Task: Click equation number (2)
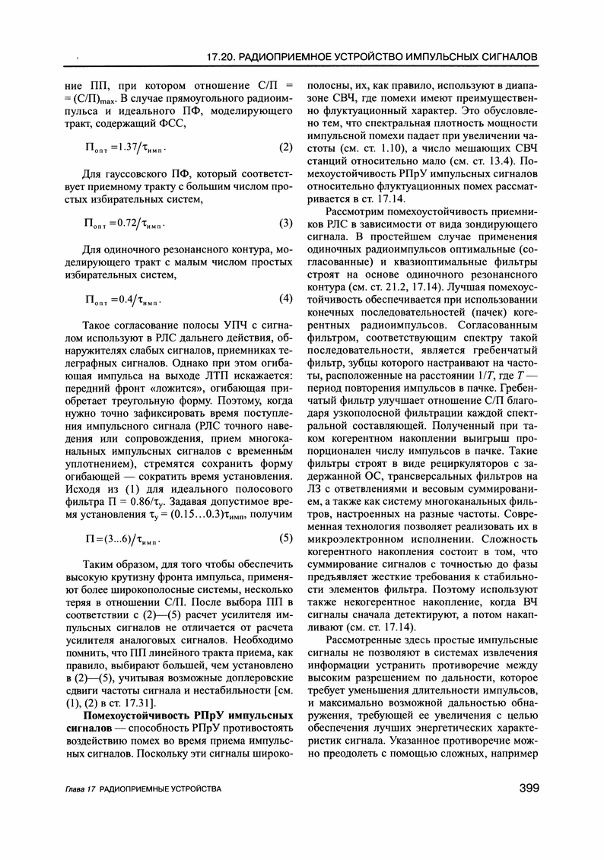(286, 146)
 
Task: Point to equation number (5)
(286, 540)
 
